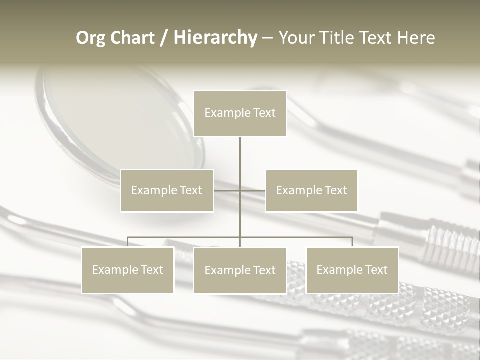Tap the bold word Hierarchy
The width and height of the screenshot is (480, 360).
click(x=215, y=38)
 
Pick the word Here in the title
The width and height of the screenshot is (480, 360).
click(x=416, y=38)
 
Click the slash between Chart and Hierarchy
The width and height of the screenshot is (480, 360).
click(x=163, y=38)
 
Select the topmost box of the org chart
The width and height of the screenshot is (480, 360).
click(x=240, y=113)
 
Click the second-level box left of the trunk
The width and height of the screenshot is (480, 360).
click(x=167, y=190)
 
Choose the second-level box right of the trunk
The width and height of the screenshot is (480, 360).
click(x=311, y=190)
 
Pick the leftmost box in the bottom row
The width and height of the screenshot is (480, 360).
click(x=128, y=270)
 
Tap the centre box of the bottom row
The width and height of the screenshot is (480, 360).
click(x=240, y=270)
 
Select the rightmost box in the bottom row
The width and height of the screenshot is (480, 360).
click(x=352, y=270)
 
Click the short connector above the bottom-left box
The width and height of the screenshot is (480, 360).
click(x=128, y=242)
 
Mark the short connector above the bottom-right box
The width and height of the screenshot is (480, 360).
click(x=352, y=242)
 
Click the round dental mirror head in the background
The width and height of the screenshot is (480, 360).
click(x=125, y=120)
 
